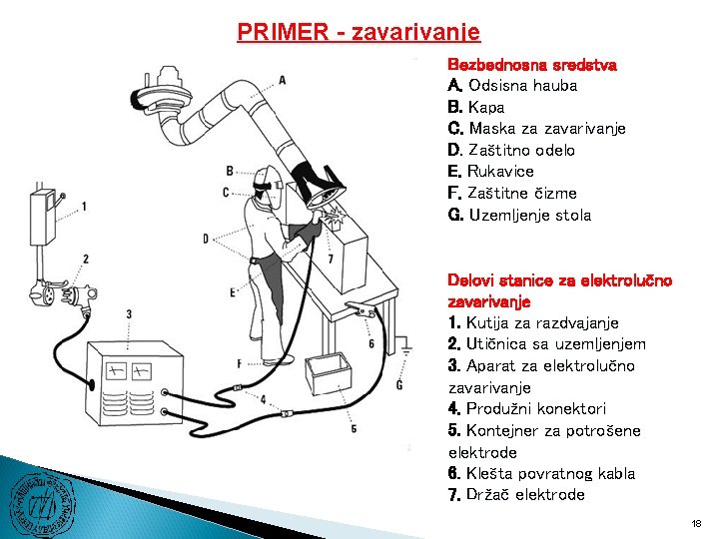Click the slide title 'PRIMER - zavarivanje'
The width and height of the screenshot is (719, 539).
coord(359,32)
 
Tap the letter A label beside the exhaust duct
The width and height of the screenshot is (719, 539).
coord(283,80)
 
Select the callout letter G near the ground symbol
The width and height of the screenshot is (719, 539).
coord(399,384)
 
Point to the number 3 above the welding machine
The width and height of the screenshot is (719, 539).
coord(129,314)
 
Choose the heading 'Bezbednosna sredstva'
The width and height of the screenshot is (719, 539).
coord(532,64)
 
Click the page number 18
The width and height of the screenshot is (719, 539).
coord(696,523)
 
